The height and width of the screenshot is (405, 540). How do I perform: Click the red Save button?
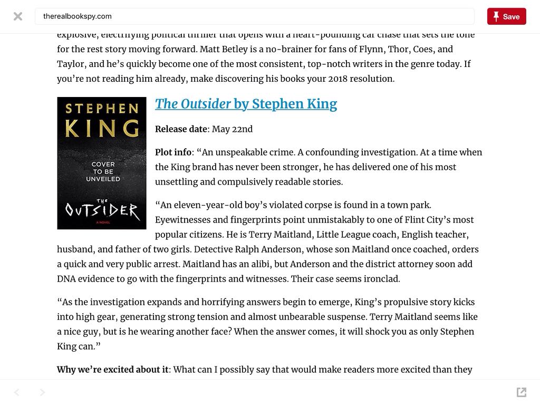[x=506, y=16]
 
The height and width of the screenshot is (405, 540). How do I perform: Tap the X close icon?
[x=18, y=16]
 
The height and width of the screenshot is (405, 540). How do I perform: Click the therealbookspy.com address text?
[x=78, y=16]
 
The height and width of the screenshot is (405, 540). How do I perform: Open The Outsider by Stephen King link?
[x=246, y=104]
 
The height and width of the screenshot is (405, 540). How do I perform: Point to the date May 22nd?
[x=232, y=129]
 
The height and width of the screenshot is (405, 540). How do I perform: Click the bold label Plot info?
[x=173, y=152]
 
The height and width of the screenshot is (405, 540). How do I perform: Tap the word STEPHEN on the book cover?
[x=102, y=109]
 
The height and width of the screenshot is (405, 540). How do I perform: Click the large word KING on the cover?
[x=102, y=128]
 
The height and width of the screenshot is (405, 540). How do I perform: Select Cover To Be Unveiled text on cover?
[x=103, y=171]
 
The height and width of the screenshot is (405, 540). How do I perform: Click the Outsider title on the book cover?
[x=102, y=211]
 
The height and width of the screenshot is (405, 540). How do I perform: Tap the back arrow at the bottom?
[x=17, y=392]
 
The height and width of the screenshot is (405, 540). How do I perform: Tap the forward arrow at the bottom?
[x=43, y=392]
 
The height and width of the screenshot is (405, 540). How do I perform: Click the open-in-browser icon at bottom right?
[x=522, y=392]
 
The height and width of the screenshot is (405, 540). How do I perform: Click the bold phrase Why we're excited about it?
[x=112, y=370]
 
